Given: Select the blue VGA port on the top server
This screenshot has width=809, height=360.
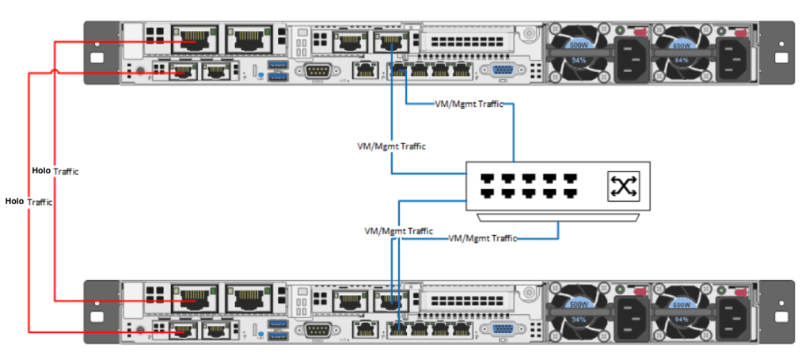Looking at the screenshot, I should (x=501, y=71).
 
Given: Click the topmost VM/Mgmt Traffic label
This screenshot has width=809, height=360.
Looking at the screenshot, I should (x=469, y=104).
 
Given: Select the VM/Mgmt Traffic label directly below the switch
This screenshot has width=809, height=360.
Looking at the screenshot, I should (x=483, y=237).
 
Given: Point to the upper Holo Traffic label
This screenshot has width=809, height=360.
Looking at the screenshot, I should (x=55, y=171).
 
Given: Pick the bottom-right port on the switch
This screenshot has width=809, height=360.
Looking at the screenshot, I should (x=569, y=192).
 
